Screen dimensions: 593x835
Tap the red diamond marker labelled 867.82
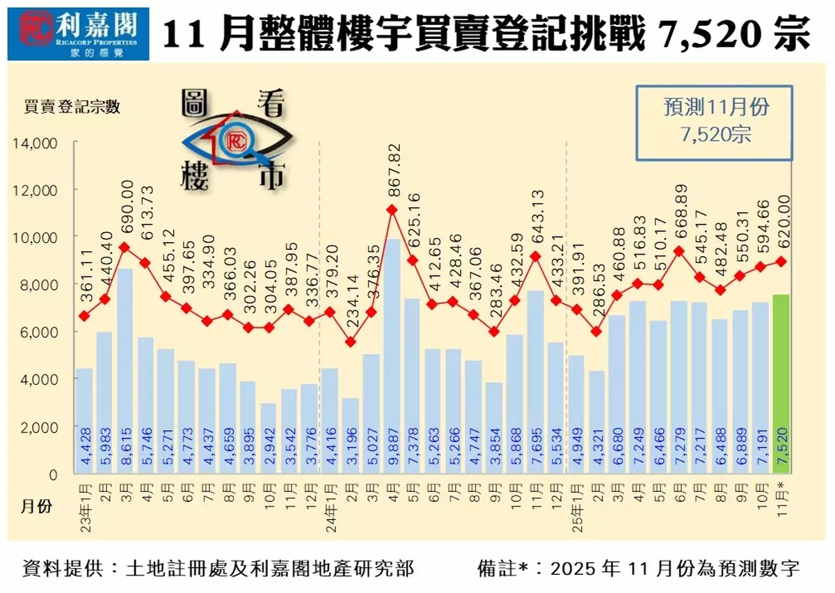[x=392, y=209]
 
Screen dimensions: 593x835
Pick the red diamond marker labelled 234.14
[x=351, y=342]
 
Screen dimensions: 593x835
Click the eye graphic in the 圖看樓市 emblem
[x=233, y=143]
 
